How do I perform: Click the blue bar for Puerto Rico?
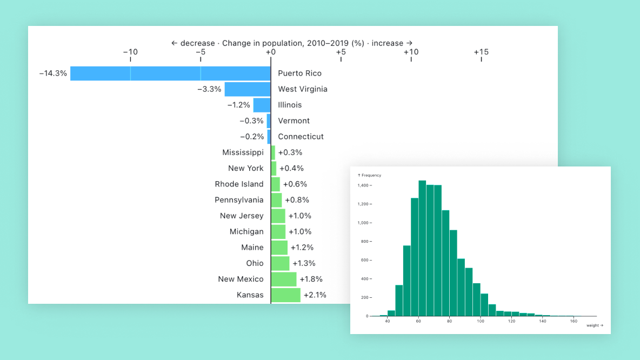coord(170,74)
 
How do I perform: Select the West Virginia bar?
coord(248,89)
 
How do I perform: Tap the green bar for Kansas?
coord(285,295)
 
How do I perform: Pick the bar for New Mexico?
coord(284,279)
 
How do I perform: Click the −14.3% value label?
coord(53,74)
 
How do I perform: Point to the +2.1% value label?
coord(315,295)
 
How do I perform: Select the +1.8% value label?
coord(311,279)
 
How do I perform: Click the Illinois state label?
coord(290,105)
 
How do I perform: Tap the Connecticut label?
coord(301,137)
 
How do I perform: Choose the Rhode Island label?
coord(239,184)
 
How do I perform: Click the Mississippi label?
coord(243,152)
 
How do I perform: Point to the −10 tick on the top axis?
coord(130,52)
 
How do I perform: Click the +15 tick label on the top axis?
coord(481,52)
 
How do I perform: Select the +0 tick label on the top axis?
coord(271,52)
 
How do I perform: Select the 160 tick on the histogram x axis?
coord(574,322)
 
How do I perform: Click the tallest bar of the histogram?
coord(422,249)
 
